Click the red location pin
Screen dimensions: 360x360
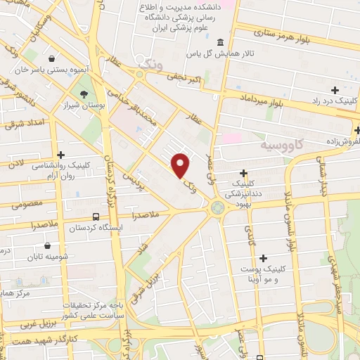pyautogui.click(x=181, y=166)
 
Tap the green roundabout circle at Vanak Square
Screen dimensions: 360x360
pyautogui.click(x=218, y=207)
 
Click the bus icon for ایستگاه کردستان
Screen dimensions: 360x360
pyautogui.click(x=96, y=216)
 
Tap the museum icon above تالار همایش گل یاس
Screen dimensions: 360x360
pyautogui.click(x=221, y=41)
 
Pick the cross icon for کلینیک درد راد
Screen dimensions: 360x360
pyautogui.click(x=335, y=90)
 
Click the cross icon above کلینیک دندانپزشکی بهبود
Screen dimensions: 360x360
pyautogui.click(x=243, y=173)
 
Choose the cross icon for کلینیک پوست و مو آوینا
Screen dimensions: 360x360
pyautogui.click(x=264, y=258)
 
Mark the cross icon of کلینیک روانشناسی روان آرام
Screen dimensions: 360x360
pyautogui.click(x=61, y=155)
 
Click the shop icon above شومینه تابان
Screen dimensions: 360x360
pyautogui.click(x=47, y=246)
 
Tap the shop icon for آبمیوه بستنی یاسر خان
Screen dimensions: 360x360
pyautogui.click(x=53, y=58)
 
